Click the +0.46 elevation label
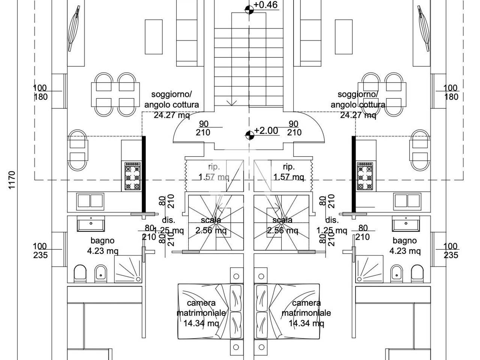[265, 5]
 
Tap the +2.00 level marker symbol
[250, 135]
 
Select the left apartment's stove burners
[132, 176]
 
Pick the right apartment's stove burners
[365, 176]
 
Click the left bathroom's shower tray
[128, 269]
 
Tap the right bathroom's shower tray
[369, 269]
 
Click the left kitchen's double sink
[90, 201]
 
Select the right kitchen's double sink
[407, 201]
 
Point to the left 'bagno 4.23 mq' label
[102, 246]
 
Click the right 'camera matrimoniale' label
[306, 308]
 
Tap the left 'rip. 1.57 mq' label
[214, 172]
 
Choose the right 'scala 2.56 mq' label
[282, 225]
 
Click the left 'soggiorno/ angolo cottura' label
[172, 99]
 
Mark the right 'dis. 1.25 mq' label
[332, 225]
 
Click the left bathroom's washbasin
[91, 223]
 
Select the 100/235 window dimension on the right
[451, 250]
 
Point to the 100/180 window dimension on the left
[40, 92]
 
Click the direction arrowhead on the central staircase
[231, 103]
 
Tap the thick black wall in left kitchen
[144, 174]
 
